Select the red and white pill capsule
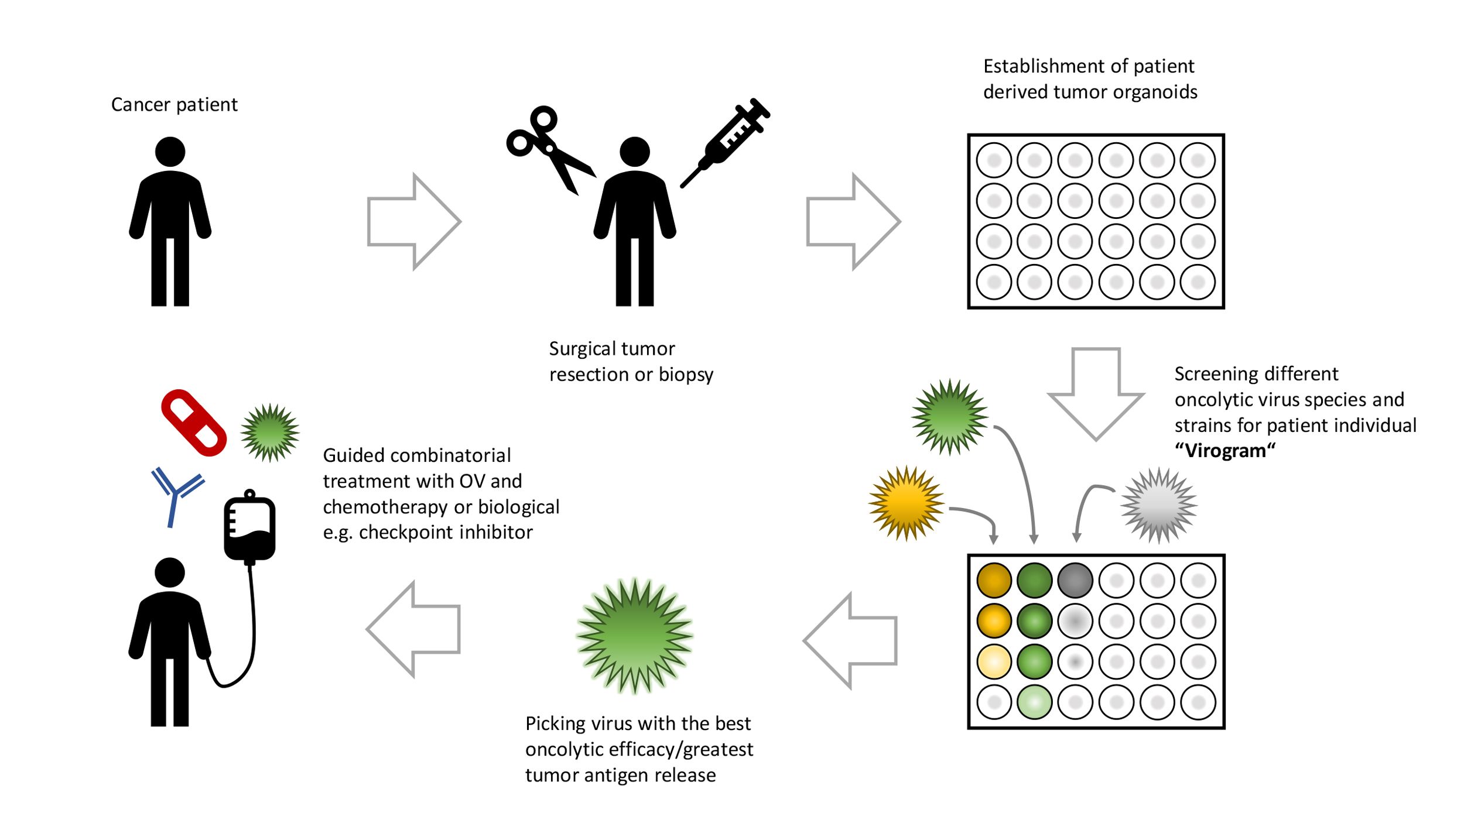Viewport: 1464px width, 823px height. [194, 422]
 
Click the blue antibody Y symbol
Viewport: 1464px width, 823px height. [175, 495]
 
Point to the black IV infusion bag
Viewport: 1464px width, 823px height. [249, 527]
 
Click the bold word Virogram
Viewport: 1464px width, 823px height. [1224, 451]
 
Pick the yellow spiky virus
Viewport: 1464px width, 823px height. [906, 503]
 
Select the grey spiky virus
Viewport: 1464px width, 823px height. [1158, 505]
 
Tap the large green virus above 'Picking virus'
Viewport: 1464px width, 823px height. [635, 636]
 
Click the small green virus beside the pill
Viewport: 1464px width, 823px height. [270, 433]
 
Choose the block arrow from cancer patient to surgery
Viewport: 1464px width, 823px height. [413, 221]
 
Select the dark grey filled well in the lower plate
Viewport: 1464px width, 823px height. [1075, 580]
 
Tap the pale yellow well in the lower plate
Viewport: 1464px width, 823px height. [994, 661]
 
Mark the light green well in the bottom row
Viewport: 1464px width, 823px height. [1034, 702]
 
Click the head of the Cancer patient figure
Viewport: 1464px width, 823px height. [170, 152]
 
